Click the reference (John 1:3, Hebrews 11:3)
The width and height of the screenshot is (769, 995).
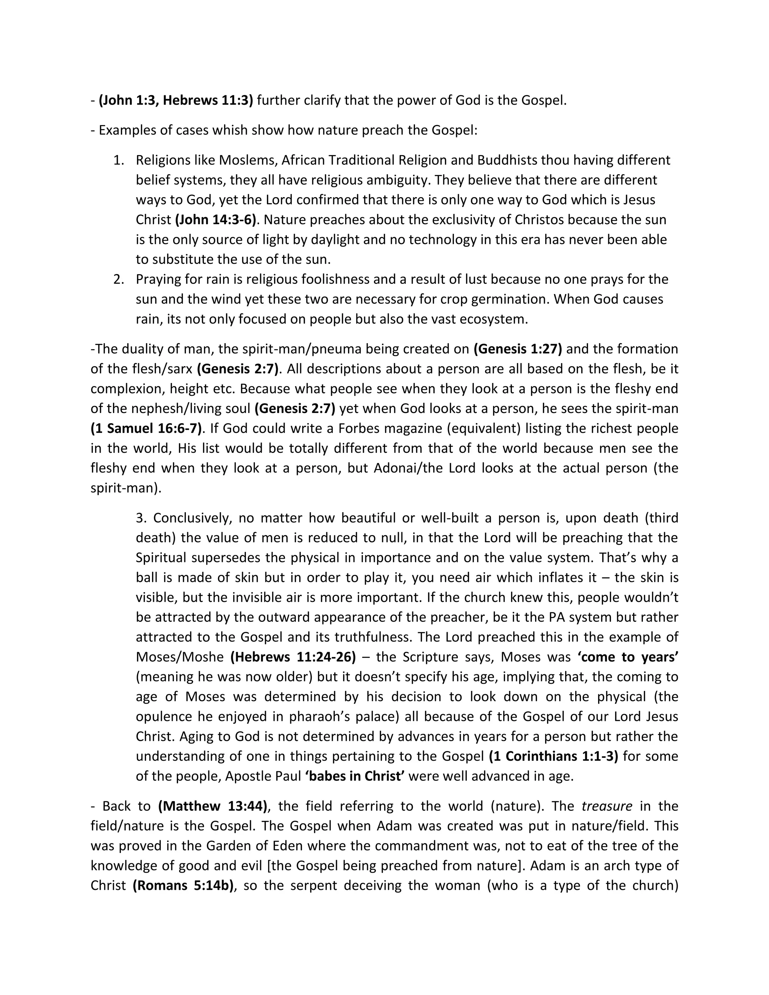tap(176, 100)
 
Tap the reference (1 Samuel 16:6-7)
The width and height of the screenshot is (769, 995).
tap(146, 428)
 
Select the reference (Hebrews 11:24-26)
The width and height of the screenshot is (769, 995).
tap(293, 657)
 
